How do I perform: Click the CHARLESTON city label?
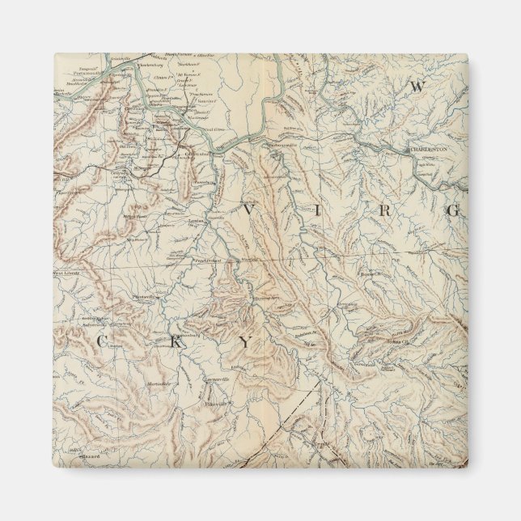pos(429,150)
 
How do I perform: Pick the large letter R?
pos(386,210)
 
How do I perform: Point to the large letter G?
pos(454,211)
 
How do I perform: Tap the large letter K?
pos(175,341)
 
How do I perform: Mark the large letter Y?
pos(245,342)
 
